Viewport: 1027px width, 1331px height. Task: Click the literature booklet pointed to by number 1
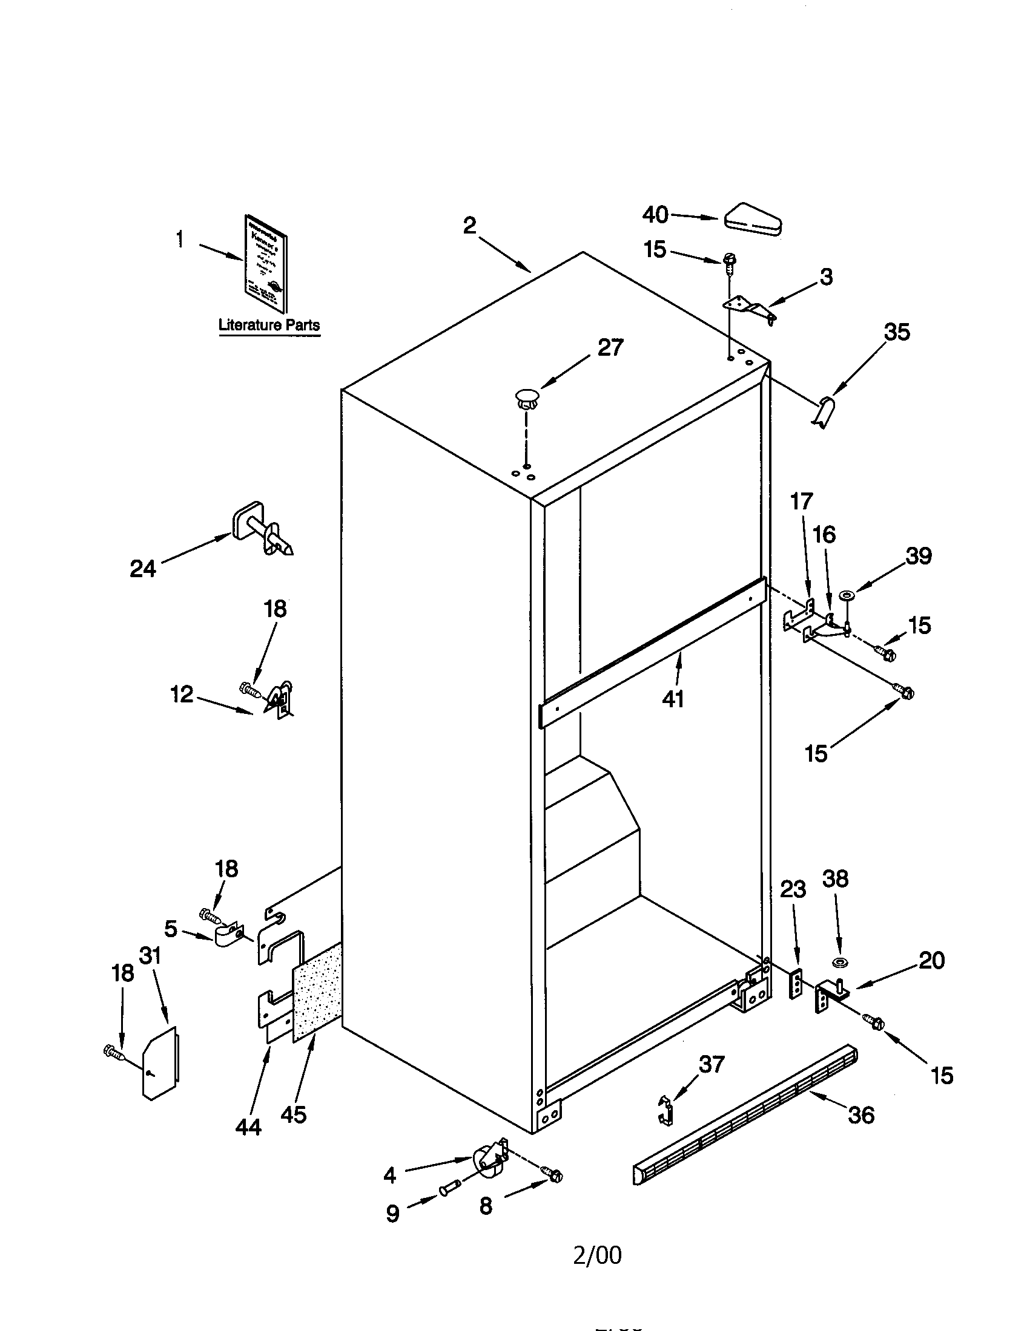(x=266, y=264)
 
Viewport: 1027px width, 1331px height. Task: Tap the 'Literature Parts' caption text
(x=269, y=325)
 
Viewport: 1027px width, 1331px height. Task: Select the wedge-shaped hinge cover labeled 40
(x=753, y=219)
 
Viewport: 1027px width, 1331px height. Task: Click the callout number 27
(x=610, y=347)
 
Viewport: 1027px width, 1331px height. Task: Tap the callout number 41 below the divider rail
(x=673, y=699)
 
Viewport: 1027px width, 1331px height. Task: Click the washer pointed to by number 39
(x=847, y=594)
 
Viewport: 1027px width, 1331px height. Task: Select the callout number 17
(x=801, y=502)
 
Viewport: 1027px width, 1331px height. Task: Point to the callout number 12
(x=182, y=693)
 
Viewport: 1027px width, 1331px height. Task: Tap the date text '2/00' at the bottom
(x=597, y=1255)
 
